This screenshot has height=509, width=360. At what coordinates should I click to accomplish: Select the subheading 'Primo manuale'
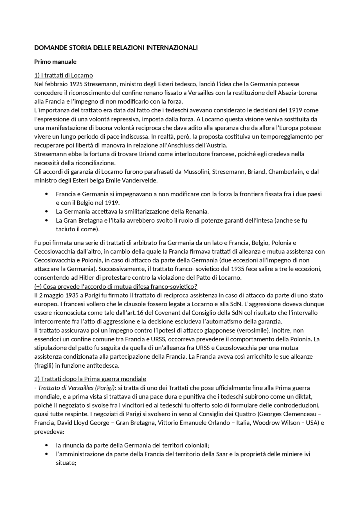pos(55,62)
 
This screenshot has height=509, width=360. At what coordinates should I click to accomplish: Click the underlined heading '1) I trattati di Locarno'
pos(64,75)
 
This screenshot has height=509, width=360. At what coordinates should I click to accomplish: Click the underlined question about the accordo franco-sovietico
pos(116,287)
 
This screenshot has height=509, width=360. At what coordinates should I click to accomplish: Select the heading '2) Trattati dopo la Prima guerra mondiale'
pos(90,379)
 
